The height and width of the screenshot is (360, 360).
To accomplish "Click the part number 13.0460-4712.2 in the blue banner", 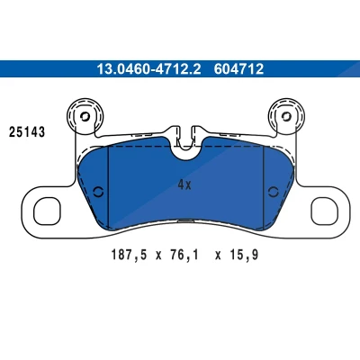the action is pyautogui.click(x=148, y=69).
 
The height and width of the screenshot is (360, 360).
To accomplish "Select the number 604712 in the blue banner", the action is pyautogui.click(x=238, y=69).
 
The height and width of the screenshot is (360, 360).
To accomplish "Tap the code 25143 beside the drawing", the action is pyautogui.click(x=27, y=132).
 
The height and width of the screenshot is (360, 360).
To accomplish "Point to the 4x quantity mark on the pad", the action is pyautogui.click(x=184, y=184).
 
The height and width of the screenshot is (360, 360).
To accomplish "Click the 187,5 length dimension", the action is pyautogui.click(x=130, y=256).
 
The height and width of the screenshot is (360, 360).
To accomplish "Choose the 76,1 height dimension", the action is pyautogui.click(x=184, y=256).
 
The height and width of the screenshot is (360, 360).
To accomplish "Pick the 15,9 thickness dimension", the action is pyautogui.click(x=244, y=256).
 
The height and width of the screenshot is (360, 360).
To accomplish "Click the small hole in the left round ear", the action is pyautogui.click(x=85, y=116).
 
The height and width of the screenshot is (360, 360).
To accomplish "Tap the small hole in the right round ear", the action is pyautogui.click(x=287, y=116).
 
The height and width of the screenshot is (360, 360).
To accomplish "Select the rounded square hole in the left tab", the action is pyautogui.click(x=47, y=211).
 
